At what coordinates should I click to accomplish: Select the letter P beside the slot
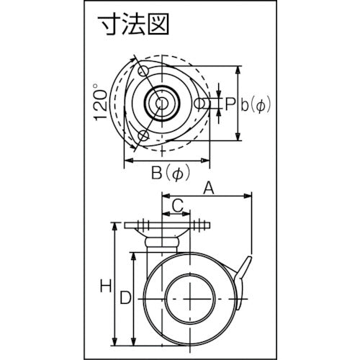pyautogui.click(x=230, y=104)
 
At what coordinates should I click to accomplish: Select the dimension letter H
pyautogui.click(x=105, y=285)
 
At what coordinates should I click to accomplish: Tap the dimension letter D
pyautogui.click(x=125, y=295)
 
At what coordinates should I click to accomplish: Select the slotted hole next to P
pyautogui.click(x=204, y=104)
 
